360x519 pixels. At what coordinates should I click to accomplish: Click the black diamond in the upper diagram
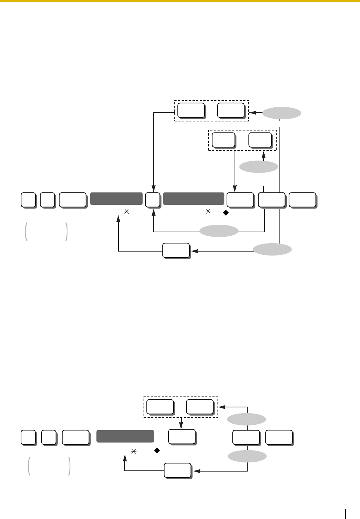point(225,213)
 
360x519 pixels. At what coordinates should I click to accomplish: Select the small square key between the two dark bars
point(152,200)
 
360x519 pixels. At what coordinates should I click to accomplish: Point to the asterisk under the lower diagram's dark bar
point(133,452)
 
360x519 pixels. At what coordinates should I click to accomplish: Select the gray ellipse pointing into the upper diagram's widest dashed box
point(281,113)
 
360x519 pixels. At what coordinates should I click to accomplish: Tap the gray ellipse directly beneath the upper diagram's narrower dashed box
point(258,167)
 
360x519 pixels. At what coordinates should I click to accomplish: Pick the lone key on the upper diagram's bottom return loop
point(175,250)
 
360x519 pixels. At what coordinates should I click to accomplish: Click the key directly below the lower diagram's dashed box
point(182,437)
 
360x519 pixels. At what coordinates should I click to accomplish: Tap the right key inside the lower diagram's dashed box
point(199,407)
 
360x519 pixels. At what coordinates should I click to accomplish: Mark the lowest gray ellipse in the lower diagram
point(247,456)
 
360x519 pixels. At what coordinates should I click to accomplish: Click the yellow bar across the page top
point(180,1)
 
